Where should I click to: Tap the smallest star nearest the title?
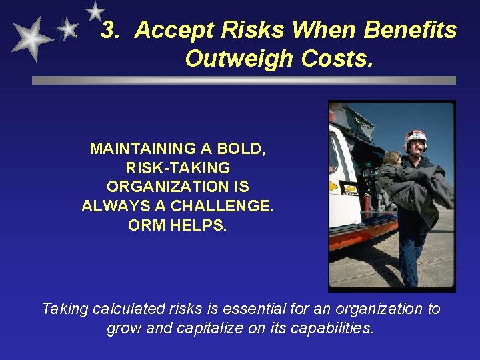coord(95,11)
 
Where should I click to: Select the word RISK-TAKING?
coord(177,168)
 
